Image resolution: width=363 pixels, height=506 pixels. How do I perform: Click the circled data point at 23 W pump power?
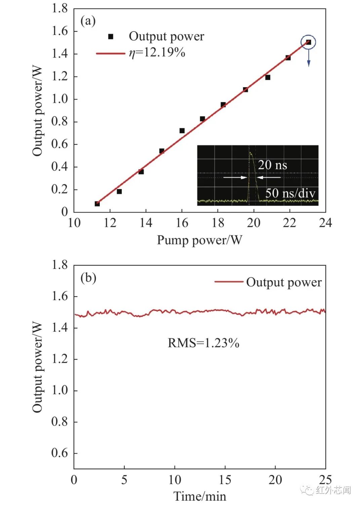pyautogui.click(x=309, y=42)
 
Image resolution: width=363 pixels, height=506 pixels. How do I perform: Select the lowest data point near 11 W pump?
pyautogui.click(x=97, y=204)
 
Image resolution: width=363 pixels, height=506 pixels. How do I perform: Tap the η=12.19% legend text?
pyautogui.click(x=157, y=52)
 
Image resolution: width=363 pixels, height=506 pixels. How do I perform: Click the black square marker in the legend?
pyautogui.click(x=111, y=36)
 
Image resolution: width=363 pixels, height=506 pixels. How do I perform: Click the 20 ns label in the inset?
pyautogui.click(x=272, y=165)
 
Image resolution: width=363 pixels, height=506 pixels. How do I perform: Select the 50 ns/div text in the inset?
pyautogui.click(x=290, y=193)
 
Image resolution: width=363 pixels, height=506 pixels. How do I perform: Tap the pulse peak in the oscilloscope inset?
pyautogui.click(x=250, y=153)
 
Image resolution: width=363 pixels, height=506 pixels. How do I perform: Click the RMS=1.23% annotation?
pyautogui.click(x=203, y=343)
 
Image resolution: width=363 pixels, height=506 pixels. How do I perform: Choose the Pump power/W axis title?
pyautogui.click(x=199, y=240)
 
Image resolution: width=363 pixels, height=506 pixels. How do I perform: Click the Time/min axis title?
pyautogui.click(x=200, y=496)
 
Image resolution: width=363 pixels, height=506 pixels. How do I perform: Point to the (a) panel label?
pyautogui.click(x=88, y=21)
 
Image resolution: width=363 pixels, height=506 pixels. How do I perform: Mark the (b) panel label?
pyautogui.click(x=88, y=278)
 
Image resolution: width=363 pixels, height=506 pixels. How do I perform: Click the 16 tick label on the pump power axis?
pyautogui.click(x=182, y=223)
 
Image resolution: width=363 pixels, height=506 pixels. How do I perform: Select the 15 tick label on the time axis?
pyautogui.click(x=225, y=479)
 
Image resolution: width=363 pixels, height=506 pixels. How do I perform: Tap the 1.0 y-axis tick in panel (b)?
pyautogui.click(x=60, y=390)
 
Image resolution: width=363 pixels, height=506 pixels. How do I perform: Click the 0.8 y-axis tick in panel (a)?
pyautogui.click(x=60, y=121)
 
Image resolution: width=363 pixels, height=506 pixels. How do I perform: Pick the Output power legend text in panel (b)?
pyautogui.click(x=284, y=282)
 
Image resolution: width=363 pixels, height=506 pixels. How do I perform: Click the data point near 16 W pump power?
pyautogui.click(x=182, y=131)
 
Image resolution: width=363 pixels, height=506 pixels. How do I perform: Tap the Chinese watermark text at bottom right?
pyautogui.click(x=333, y=490)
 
